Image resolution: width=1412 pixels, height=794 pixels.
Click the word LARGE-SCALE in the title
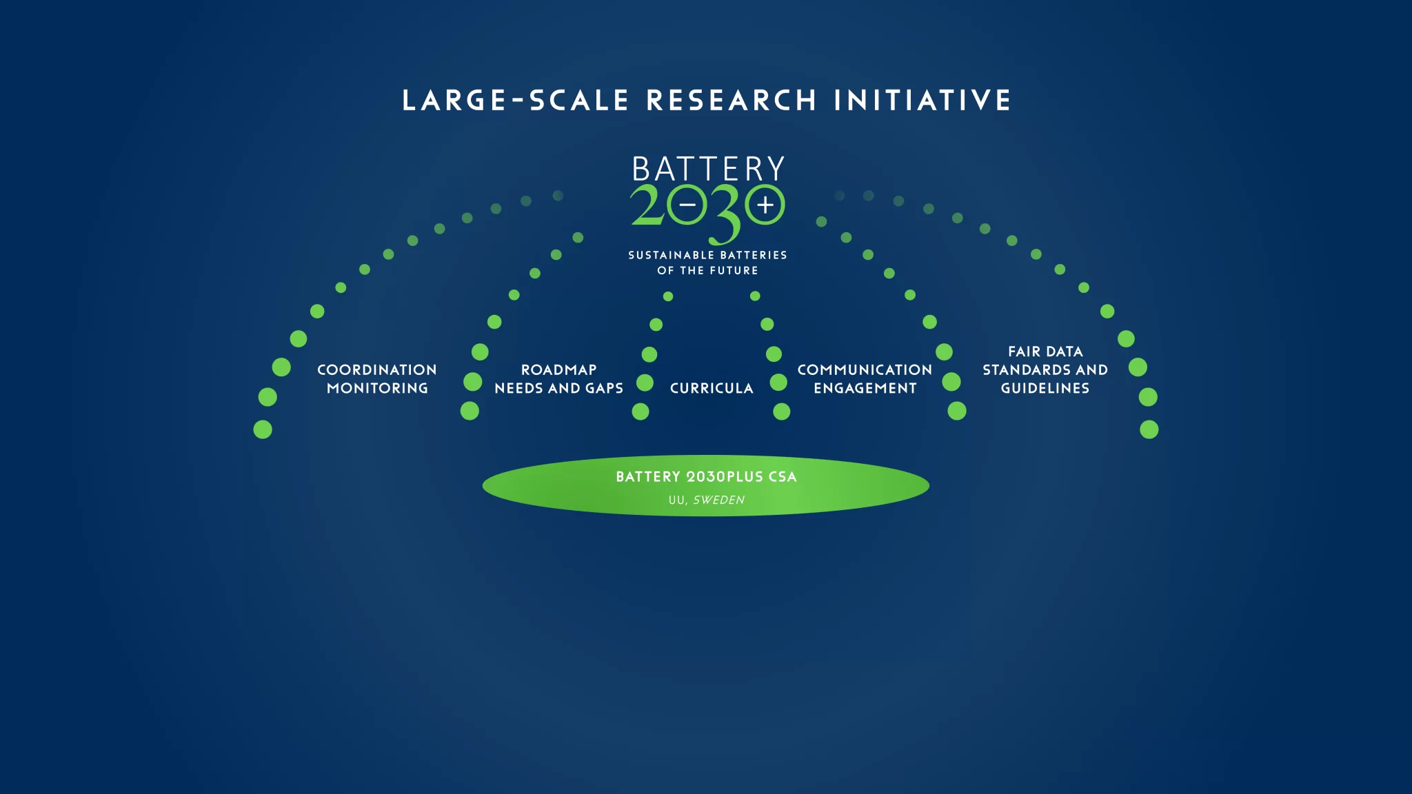(x=515, y=100)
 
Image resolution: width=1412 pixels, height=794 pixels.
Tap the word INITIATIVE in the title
(x=922, y=100)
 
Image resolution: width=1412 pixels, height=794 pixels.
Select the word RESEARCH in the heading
(x=732, y=100)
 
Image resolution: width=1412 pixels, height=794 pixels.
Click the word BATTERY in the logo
(x=708, y=169)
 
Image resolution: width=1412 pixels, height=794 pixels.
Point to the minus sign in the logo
(x=687, y=205)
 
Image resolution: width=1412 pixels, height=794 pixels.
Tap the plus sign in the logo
(x=765, y=205)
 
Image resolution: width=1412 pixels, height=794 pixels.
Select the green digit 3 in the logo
(x=727, y=214)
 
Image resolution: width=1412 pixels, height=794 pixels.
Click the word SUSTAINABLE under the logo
(x=671, y=255)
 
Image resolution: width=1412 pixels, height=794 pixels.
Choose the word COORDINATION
(x=377, y=370)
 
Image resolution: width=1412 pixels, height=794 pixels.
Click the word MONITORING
(x=377, y=388)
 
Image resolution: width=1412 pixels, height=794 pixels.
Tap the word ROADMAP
(x=559, y=370)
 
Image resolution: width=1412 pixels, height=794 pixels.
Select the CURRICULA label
(x=712, y=388)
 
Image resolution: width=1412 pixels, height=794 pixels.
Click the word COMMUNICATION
(x=865, y=370)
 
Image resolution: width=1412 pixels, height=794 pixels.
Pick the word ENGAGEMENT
(x=865, y=388)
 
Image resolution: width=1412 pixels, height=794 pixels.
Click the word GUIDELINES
(x=1045, y=388)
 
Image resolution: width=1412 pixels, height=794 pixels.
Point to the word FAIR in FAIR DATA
(x=1024, y=352)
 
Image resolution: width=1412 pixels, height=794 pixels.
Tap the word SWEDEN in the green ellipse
(x=719, y=500)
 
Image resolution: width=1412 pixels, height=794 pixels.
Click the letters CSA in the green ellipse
(x=783, y=476)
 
